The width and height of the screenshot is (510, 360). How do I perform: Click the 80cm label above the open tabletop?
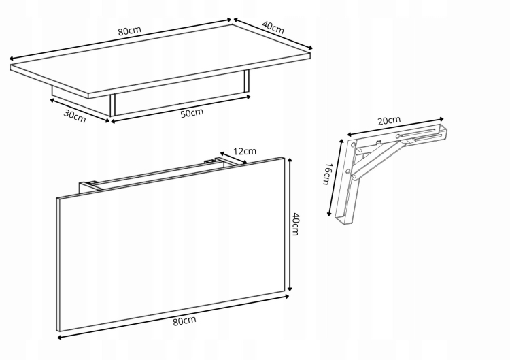(x=129, y=31)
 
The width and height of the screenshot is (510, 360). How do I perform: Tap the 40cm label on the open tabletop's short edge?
(x=273, y=28)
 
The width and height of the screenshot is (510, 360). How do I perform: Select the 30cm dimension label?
(x=75, y=116)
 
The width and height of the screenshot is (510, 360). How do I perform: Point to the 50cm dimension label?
(x=192, y=113)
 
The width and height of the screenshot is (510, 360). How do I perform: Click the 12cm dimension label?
(x=245, y=151)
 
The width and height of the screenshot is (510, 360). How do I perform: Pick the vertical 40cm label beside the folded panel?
(x=295, y=224)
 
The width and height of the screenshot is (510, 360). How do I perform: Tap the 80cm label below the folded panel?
(x=184, y=321)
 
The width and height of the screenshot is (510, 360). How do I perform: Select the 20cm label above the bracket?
(x=389, y=120)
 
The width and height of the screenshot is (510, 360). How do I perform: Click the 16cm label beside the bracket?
(x=327, y=174)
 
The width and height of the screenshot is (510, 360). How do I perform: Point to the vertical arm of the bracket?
(x=345, y=182)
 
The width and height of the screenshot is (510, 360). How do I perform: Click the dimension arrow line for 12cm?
(x=233, y=158)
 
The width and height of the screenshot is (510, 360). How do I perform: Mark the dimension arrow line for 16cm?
(x=335, y=178)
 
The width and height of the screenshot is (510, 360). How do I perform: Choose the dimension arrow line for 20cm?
(x=396, y=127)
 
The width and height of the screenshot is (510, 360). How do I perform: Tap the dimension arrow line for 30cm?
(x=80, y=111)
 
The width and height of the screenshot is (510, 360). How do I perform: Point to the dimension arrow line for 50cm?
(x=181, y=109)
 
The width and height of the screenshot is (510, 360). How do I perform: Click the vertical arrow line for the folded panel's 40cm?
(x=290, y=225)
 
